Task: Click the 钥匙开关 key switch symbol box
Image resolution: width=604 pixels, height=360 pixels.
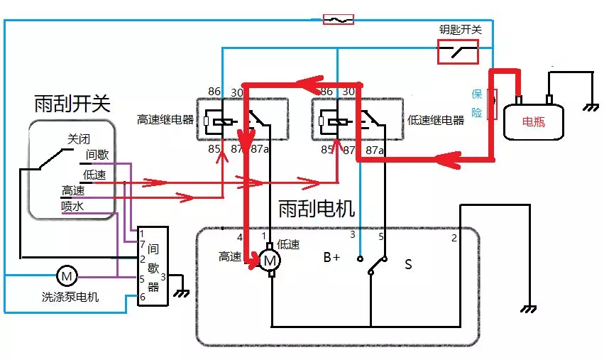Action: pyautogui.click(x=457, y=51)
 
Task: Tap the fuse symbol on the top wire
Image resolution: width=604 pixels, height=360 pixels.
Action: pyautogui.click(x=338, y=19)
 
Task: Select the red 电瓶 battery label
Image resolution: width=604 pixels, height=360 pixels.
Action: pyautogui.click(x=534, y=121)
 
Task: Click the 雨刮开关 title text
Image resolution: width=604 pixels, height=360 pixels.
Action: pyautogui.click(x=72, y=104)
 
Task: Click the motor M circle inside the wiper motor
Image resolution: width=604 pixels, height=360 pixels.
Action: pyautogui.click(x=270, y=261)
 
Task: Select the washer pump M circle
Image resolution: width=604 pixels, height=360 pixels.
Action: pyautogui.click(x=66, y=275)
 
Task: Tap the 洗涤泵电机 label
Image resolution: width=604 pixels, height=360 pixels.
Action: pyautogui.click(x=70, y=297)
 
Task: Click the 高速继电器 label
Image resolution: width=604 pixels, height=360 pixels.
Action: pyautogui.click(x=165, y=119)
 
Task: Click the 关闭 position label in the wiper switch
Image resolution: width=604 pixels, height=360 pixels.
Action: pyautogui.click(x=79, y=139)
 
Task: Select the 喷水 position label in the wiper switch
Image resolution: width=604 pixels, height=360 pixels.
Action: pyautogui.click(x=73, y=206)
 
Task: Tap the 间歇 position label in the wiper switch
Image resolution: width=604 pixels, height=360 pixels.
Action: pyautogui.click(x=97, y=155)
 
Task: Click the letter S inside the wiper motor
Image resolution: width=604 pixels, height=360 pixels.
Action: pyautogui.click(x=408, y=264)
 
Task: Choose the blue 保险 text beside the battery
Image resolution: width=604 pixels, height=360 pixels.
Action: pyautogui.click(x=477, y=103)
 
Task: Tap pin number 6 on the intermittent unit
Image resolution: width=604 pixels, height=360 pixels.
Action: pyautogui.click(x=143, y=296)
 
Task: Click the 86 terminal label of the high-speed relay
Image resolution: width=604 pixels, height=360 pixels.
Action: pyautogui.click(x=214, y=92)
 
